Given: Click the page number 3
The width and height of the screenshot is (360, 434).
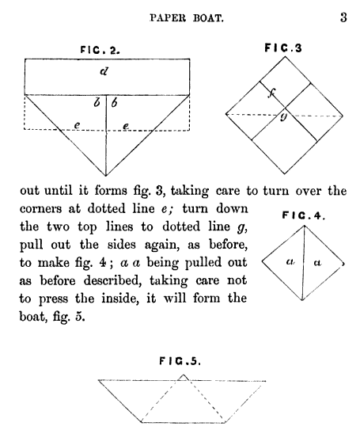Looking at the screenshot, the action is [x=343, y=17].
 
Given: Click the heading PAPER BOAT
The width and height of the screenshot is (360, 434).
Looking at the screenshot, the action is [x=187, y=18].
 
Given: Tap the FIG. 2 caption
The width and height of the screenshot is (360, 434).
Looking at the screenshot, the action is [x=100, y=50].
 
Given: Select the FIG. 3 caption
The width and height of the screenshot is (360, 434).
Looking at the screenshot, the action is [x=283, y=48].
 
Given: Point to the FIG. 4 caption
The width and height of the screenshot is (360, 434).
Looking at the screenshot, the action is [x=303, y=215].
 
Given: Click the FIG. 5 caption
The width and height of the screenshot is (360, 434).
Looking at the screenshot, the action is [x=180, y=361].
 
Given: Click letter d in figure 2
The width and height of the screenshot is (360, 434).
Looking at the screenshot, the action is [x=104, y=71].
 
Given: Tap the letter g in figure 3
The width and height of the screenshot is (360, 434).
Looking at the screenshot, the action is [x=283, y=116].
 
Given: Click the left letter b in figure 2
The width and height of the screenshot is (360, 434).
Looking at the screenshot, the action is [x=97, y=103].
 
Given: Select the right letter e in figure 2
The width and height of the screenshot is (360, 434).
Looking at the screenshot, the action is [x=126, y=126].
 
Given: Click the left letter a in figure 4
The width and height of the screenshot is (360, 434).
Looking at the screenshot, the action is [x=290, y=261].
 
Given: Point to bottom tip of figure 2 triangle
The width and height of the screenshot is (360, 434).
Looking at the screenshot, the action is [x=106, y=176].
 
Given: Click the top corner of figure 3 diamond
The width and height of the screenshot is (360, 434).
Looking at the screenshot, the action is [x=285, y=56].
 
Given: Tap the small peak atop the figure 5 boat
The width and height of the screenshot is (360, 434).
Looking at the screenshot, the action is [x=183, y=375].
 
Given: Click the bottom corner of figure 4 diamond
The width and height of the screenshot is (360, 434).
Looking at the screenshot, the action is [x=302, y=300].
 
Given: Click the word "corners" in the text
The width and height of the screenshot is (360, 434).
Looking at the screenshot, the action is [x=40, y=208].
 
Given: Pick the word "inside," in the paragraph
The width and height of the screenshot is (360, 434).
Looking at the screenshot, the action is [x=120, y=299].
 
